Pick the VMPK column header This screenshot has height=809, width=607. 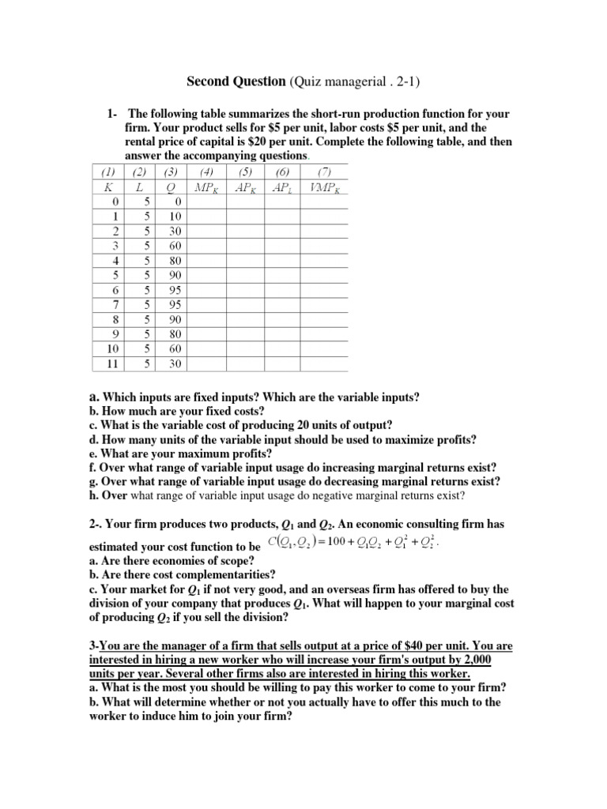[322, 187]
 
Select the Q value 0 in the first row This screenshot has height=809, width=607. [175, 201]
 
